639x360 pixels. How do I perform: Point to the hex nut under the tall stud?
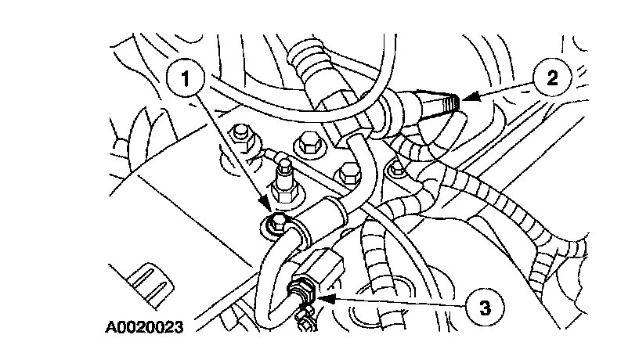283,193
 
